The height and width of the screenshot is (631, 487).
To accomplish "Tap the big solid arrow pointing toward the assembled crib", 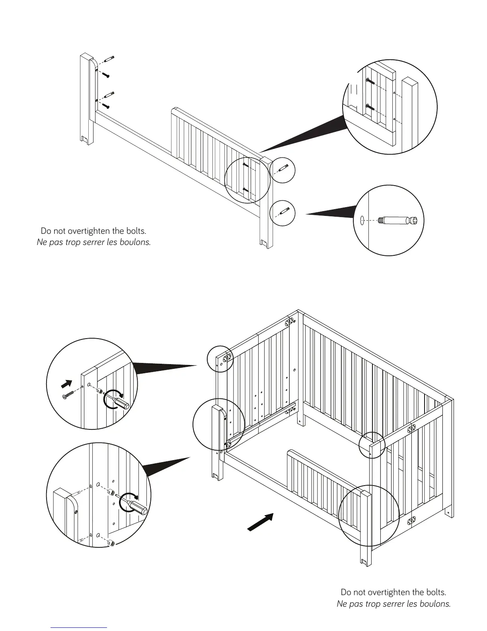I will coord(261,522).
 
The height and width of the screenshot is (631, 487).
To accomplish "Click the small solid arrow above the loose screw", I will coord(67,384).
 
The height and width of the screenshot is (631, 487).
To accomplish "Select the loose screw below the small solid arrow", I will coord(68,395).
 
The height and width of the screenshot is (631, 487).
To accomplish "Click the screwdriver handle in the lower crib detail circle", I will coord(140,508).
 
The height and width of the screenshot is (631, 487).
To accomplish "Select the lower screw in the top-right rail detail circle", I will coord(370,107).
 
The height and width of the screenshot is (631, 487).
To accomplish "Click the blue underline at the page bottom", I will coord(79,627).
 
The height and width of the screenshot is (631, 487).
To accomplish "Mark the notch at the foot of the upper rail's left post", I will coord(84,139).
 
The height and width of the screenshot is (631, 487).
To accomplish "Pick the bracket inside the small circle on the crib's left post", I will coord(227,358).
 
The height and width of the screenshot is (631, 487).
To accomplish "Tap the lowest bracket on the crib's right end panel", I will coord(412,521).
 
